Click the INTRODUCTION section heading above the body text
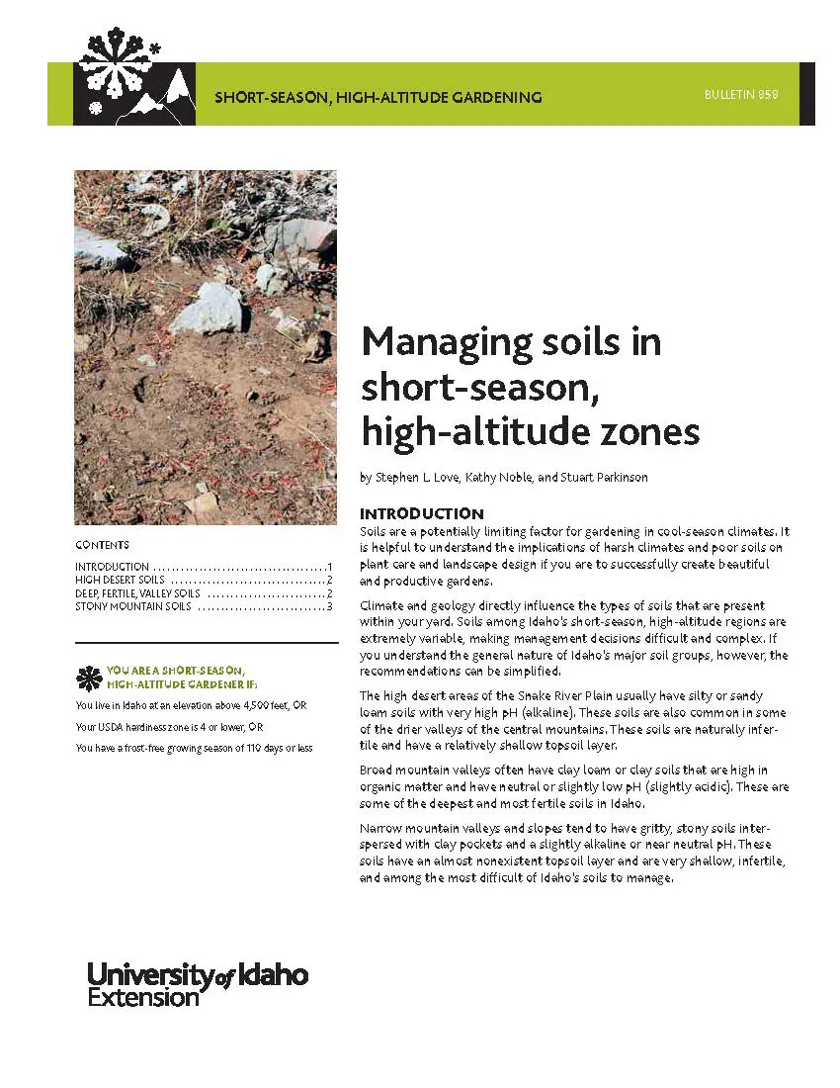click(x=421, y=514)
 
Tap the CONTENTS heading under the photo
click(x=102, y=545)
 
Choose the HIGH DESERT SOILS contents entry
click(x=120, y=580)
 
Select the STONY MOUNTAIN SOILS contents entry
click(x=132, y=606)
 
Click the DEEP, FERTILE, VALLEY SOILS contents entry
click(x=137, y=593)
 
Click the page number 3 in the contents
click(x=329, y=606)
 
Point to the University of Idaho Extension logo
click(x=198, y=983)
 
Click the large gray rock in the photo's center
click(x=209, y=309)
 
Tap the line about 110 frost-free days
click(x=194, y=748)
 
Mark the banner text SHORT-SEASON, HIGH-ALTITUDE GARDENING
click(x=378, y=98)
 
